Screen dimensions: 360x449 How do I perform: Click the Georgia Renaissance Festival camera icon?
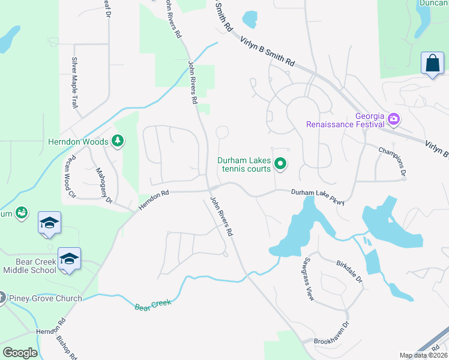(x=394, y=119)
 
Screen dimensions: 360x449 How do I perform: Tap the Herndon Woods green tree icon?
(x=119, y=142)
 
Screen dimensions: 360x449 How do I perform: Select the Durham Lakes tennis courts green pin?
(x=280, y=163)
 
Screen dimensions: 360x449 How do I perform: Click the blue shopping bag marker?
(x=432, y=64)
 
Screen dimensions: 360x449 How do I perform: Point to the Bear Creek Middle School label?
(x=30, y=266)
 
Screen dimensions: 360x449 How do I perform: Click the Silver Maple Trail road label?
(x=75, y=82)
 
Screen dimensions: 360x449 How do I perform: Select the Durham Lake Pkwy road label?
(x=318, y=197)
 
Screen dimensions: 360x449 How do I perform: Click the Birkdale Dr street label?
(x=349, y=271)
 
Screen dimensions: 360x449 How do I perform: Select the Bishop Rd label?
(x=67, y=347)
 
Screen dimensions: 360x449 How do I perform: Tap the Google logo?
(x=20, y=353)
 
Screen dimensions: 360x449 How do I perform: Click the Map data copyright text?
(x=424, y=355)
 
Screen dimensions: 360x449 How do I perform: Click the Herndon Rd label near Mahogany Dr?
(x=154, y=200)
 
